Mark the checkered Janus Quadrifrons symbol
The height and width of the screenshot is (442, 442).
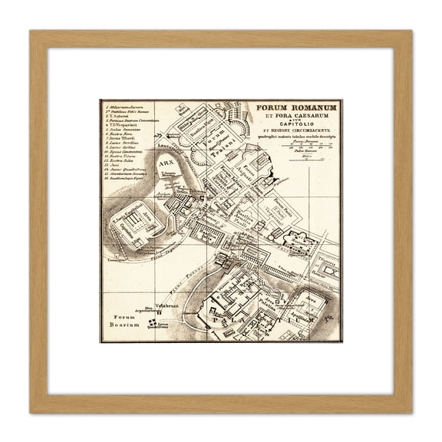pyautogui.click(x=152, y=323)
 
